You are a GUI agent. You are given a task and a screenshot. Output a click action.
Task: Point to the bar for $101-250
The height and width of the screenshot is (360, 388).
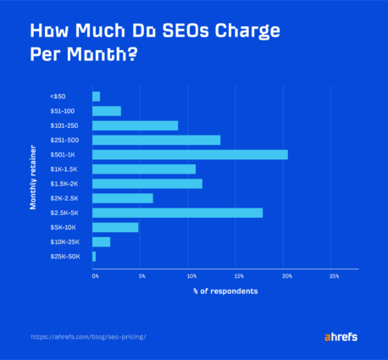(135, 125)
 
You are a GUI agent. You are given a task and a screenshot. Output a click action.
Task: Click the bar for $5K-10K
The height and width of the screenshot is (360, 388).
(115, 227)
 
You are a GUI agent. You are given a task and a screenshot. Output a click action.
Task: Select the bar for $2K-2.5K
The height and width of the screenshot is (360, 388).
(122, 198)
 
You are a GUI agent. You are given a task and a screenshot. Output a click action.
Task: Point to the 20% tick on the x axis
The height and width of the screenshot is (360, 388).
(287, 276)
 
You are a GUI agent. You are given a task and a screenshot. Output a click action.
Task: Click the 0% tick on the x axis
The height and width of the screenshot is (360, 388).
(95, 276)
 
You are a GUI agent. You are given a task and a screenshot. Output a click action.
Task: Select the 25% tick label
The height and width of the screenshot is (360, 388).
(334, 276)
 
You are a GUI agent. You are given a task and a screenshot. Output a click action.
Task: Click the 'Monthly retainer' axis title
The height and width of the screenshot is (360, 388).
(34, 176)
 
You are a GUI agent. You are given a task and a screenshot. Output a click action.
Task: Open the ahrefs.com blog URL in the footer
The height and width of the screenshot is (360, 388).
(89, 336)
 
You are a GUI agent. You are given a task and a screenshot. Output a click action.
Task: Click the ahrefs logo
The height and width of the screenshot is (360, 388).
(341, 336)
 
